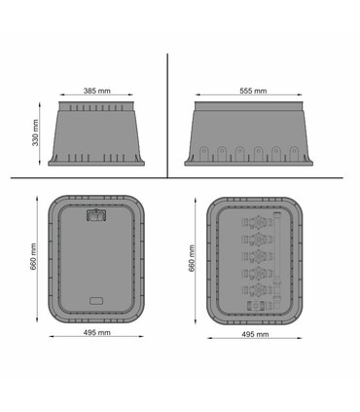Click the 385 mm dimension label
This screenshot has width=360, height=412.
pyautogui.click(x=97, y=91)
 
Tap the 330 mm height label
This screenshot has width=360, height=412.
pyautogui.click(x=35, y=132)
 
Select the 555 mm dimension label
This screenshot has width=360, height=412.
pyautogui.click(x=253, y=91)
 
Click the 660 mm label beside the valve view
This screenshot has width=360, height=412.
pyautogui.click(x=192, y=258)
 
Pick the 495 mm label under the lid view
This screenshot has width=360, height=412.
pyautogui.click(x=96, y=332)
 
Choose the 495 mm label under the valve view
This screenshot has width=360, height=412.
pyautogui.click(x=255, y=334)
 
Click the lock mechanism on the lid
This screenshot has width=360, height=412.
pyautogui.click(x=96, y=215)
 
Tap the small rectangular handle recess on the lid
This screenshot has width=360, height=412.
pyautogui.click(x=96, y=301)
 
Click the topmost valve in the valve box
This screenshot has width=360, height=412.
pyautogui.click(x=258, y=223)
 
